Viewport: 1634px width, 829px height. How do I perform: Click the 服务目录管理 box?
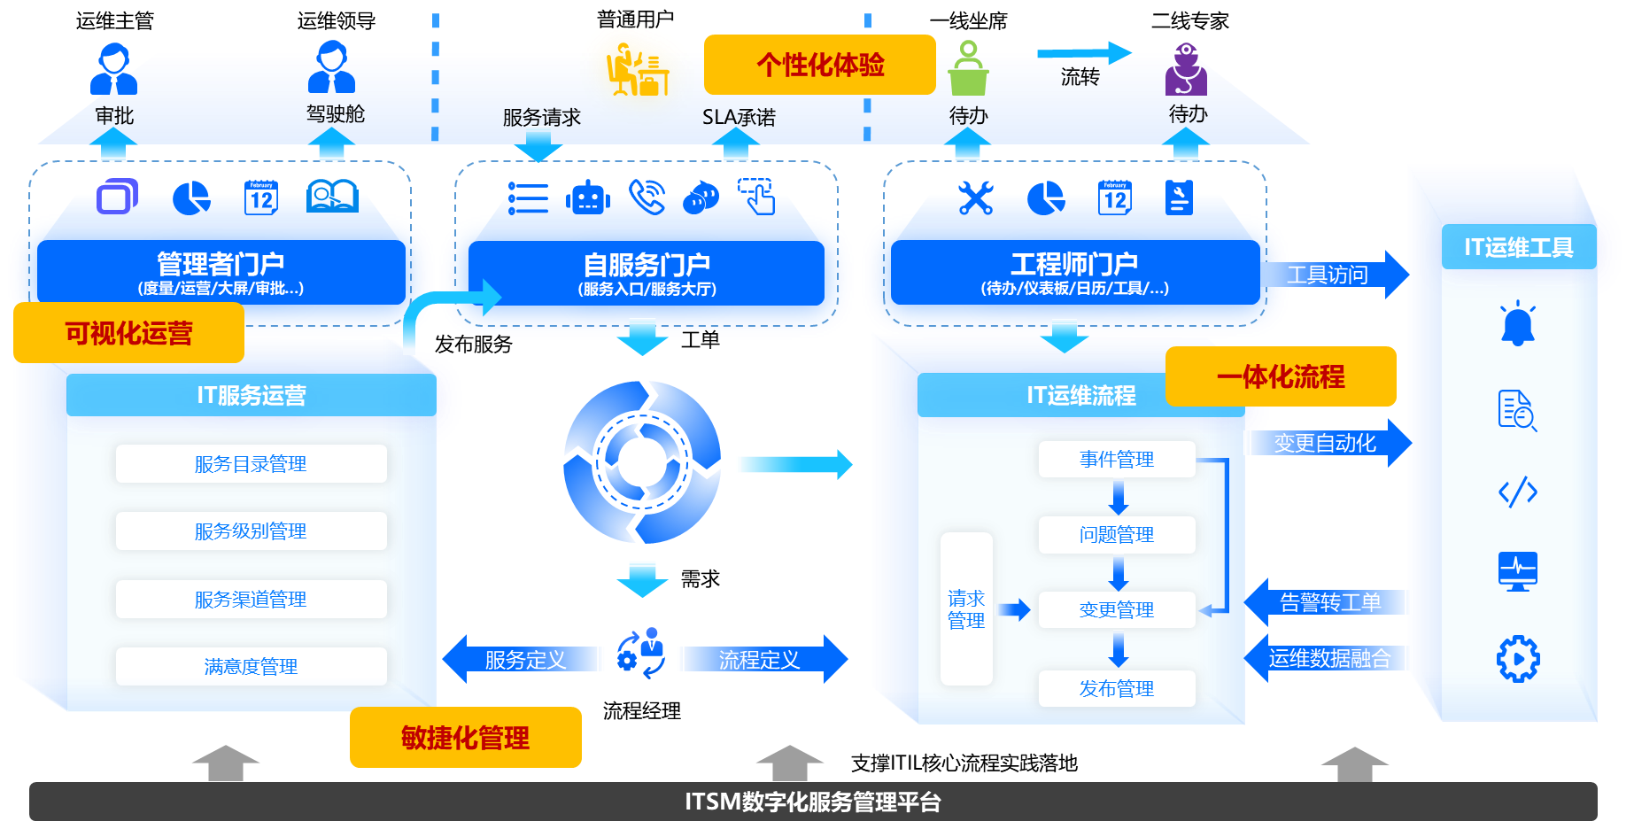[251, 464]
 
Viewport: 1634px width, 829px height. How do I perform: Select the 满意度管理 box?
[251, 666]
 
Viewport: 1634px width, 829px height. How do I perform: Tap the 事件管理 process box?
[1116, 460]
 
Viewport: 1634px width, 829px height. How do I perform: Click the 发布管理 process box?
[1116, 688]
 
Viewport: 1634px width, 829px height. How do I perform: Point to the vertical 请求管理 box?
[965, 609]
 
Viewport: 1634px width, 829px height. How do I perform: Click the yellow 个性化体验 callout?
[819, 65]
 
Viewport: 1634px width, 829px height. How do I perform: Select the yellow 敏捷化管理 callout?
[465, 737]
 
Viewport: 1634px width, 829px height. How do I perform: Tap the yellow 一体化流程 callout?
[1280, 376]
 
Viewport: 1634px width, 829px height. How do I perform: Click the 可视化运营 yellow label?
[128, 333]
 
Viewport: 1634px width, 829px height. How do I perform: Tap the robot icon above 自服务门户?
[588, 198]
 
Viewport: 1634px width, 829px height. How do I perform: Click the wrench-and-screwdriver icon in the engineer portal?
[975, 198]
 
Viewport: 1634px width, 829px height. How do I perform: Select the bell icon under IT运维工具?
[1517, 324]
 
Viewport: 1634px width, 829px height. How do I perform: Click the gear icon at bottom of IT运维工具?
[1517, 659]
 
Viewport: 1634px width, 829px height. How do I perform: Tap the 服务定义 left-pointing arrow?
[523, 659]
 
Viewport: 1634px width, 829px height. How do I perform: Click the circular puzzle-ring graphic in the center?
[642, 461]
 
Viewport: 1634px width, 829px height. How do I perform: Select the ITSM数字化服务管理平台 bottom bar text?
[812, 802]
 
